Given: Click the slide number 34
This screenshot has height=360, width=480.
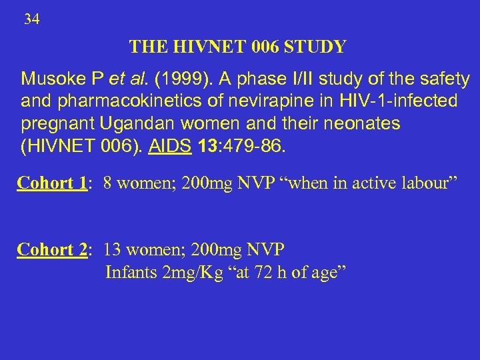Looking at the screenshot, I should coord(32,20).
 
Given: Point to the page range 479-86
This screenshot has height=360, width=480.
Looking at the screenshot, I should coord(256,146).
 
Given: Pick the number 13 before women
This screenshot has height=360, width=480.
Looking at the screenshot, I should coord(112,249).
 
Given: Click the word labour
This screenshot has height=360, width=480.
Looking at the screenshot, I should coord(429,183).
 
